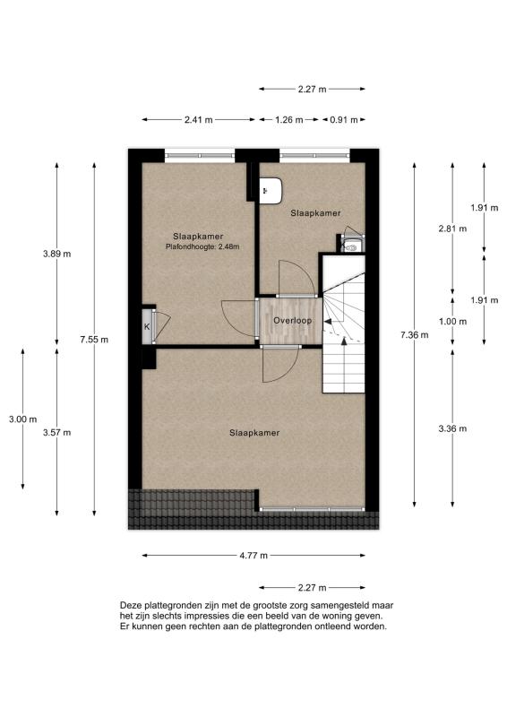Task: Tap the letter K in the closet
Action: (x=147, y=326)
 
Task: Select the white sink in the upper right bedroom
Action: (x=271, y=189)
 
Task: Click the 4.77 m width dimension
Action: (x=253, y=556)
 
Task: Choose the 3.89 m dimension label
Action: (x=56, y=254)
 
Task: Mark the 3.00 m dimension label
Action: (x=22, y=419)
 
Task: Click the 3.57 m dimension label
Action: (x=56, y=432)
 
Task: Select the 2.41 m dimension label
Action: (x=198, y=119)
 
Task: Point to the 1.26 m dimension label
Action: (x=288, y=119)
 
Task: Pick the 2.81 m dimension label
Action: (x=453, y=229)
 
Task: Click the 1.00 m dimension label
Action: (x=453, y=322)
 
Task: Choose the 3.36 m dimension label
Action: (x=453, y=428)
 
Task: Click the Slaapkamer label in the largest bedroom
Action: (x=254, y=432)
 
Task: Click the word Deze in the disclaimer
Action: (x=132, y=605)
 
